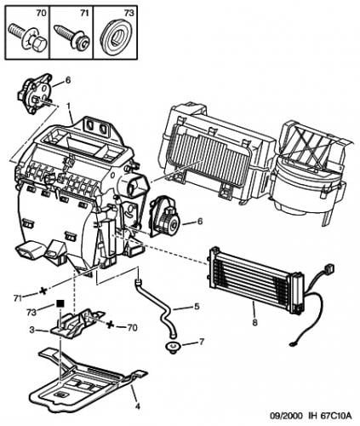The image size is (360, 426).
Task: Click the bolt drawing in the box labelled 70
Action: point(26,37)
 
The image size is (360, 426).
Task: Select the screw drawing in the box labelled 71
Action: point(70,37)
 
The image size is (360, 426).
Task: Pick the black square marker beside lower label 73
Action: point(60,302)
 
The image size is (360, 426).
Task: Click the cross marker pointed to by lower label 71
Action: point(42,290)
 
